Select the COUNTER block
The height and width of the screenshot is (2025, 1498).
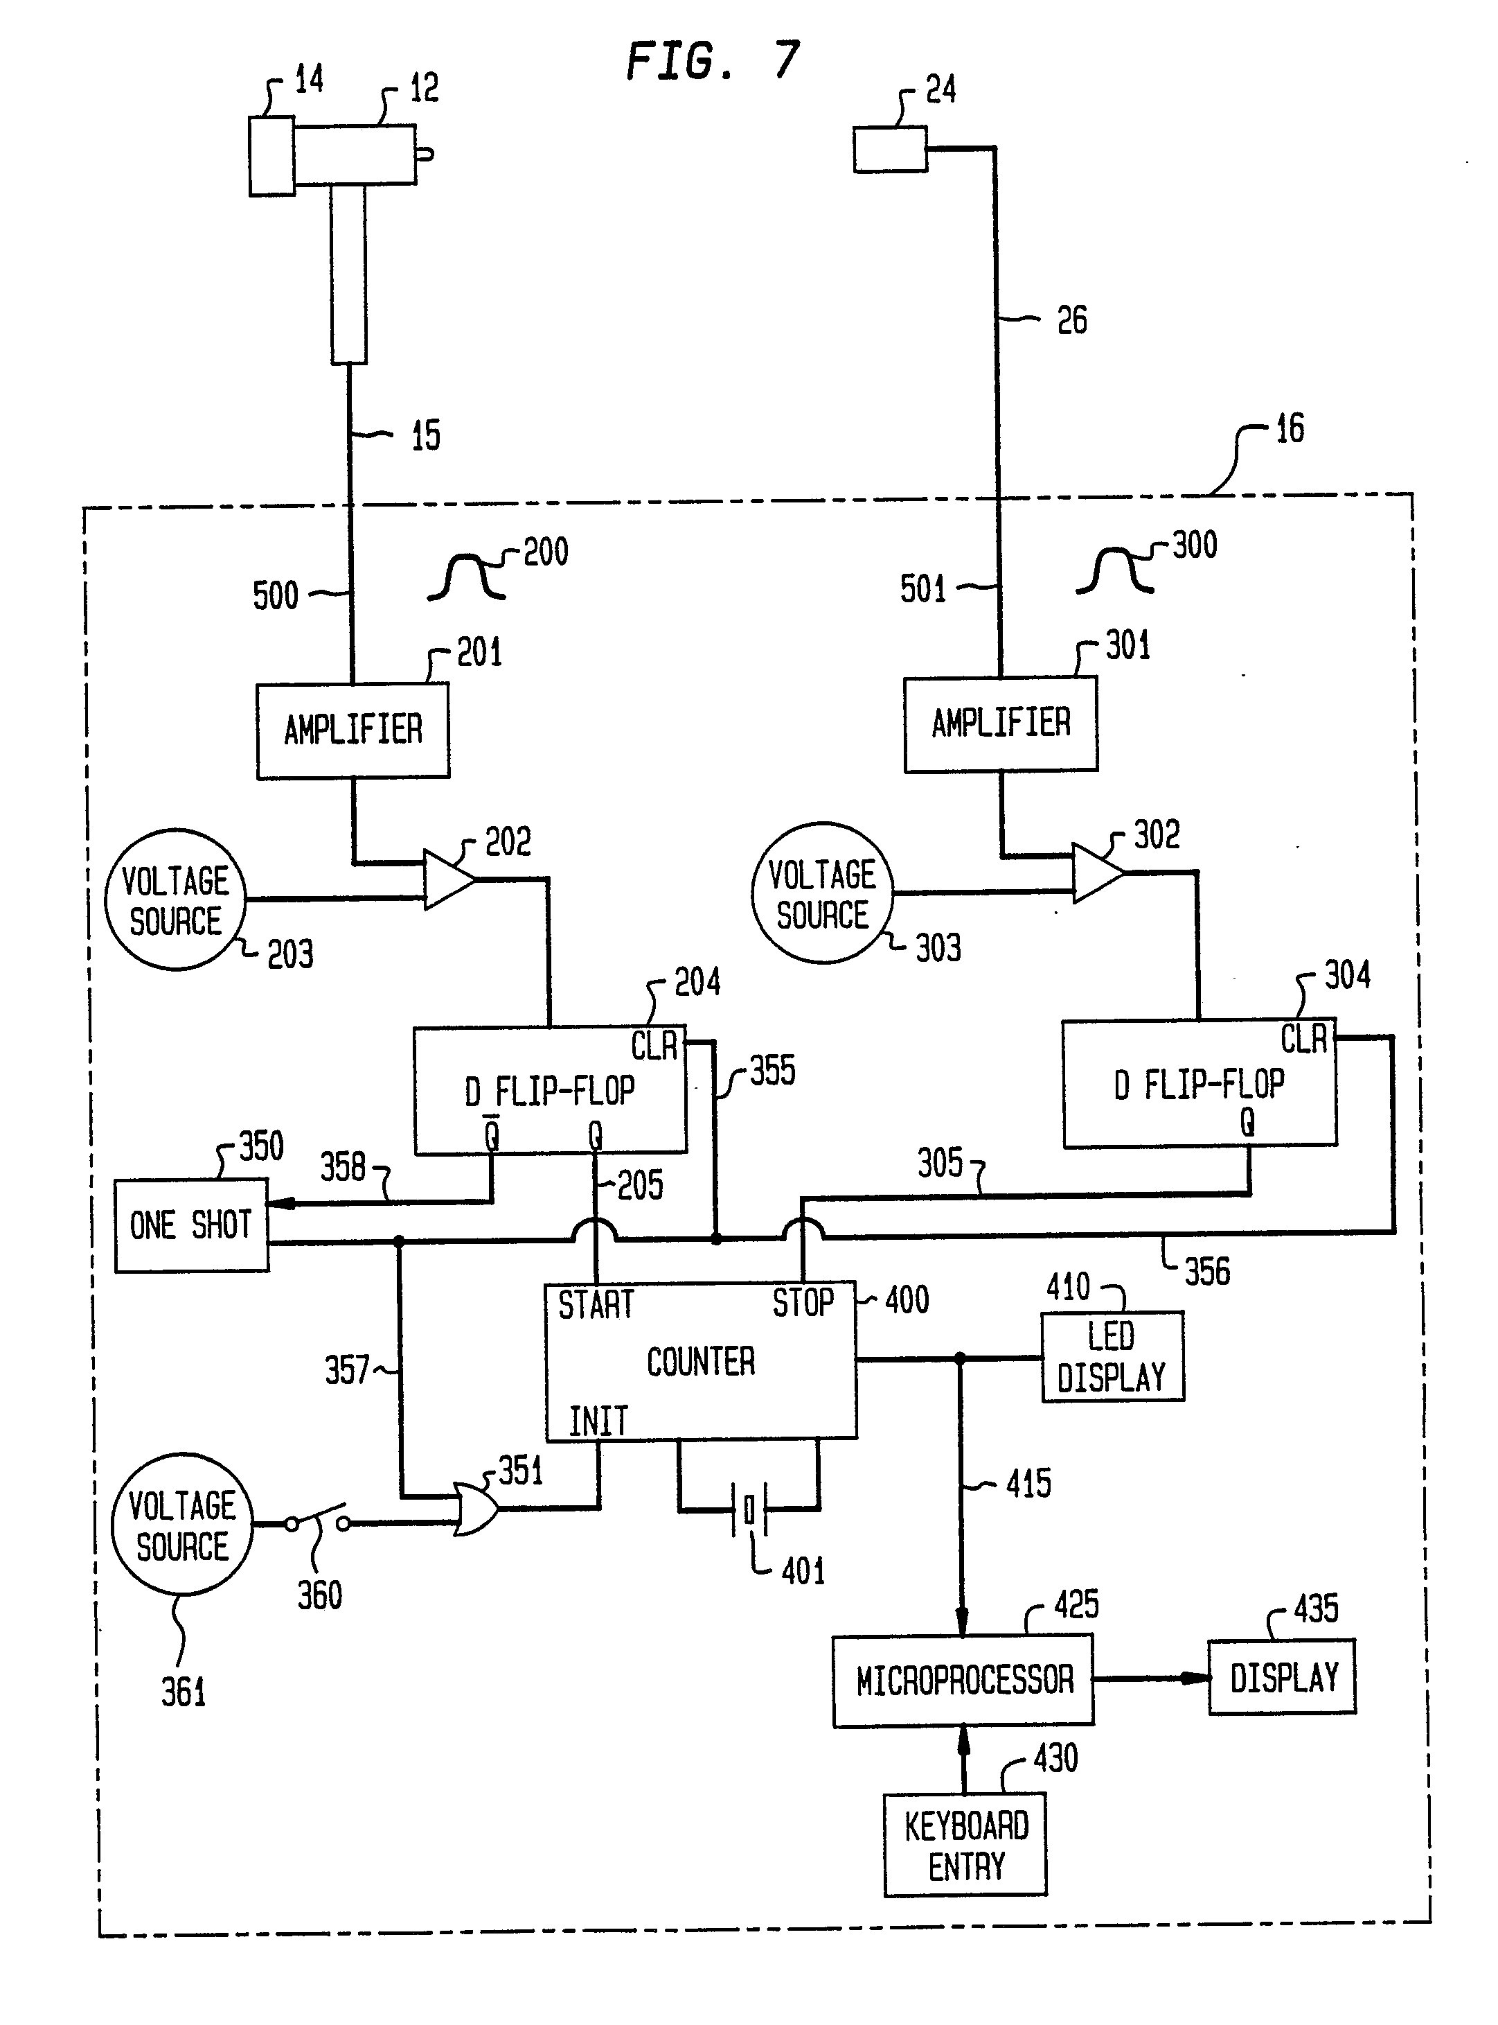[x=700, y=1361]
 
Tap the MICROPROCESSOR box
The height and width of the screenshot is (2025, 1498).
[x=963, y=1681]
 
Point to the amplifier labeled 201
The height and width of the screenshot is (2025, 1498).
[x=353, y=730]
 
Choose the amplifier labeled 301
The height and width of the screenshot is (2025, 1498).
[x=1000, y=724]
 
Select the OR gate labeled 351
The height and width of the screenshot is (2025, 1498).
[x=475, y=1509]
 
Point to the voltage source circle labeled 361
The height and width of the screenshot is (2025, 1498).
[x=182, y=1525]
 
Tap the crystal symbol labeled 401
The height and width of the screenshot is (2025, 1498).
[x=749, y=1509]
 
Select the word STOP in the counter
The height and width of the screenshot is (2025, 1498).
[x=803, y=1303]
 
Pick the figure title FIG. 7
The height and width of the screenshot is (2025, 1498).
[x=713, y=62]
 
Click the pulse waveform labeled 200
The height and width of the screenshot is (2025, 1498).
[x=466, y=578]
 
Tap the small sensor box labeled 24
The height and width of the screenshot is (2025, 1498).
[x=889, y=150]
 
